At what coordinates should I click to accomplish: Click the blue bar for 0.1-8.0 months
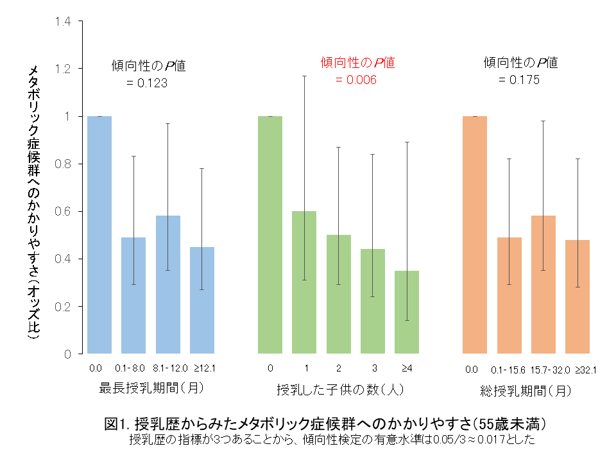pos(133,295)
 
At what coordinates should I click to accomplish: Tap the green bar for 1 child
pos(304,282)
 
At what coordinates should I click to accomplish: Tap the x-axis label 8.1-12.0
pos(167,368)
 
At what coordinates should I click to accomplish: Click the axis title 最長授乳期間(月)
pos(148,389)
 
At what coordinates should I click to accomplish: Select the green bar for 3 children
pos(373,301)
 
